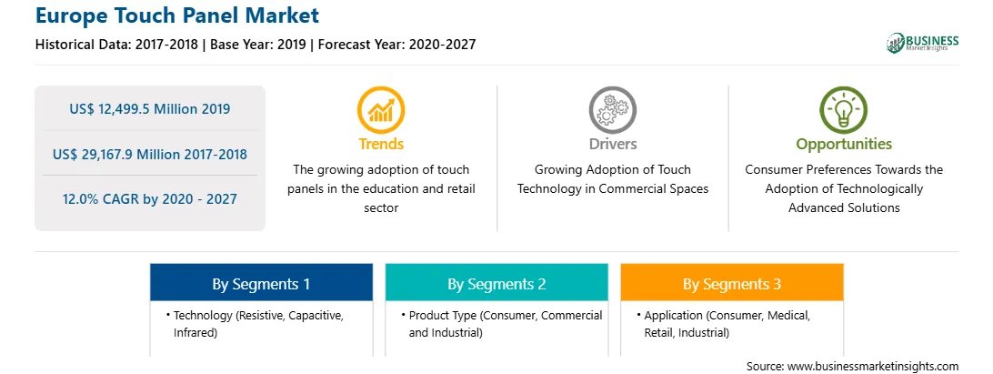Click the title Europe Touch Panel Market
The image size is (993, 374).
[177, 15]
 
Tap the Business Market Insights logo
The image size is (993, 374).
[922, 43]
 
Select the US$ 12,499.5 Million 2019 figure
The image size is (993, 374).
[149, 109]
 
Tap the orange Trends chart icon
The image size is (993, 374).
[381, 110]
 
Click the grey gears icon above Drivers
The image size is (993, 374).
[612, 110]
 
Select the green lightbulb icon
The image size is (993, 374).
[844, 110]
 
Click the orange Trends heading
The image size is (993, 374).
[381, 144]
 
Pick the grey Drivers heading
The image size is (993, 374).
[612, 144]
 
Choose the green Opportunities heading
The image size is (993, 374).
[844, 145]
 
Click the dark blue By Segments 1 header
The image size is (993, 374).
[261, 283]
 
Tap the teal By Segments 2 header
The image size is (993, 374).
[496, 283]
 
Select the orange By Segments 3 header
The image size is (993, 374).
[732, 283]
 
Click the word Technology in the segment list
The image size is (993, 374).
[198, 316]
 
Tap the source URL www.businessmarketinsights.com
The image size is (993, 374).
[872, 367]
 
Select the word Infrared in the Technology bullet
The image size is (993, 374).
[195, 332]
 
